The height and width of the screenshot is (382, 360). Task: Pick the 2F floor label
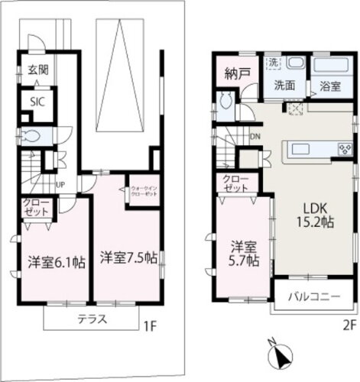coord(349,324)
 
